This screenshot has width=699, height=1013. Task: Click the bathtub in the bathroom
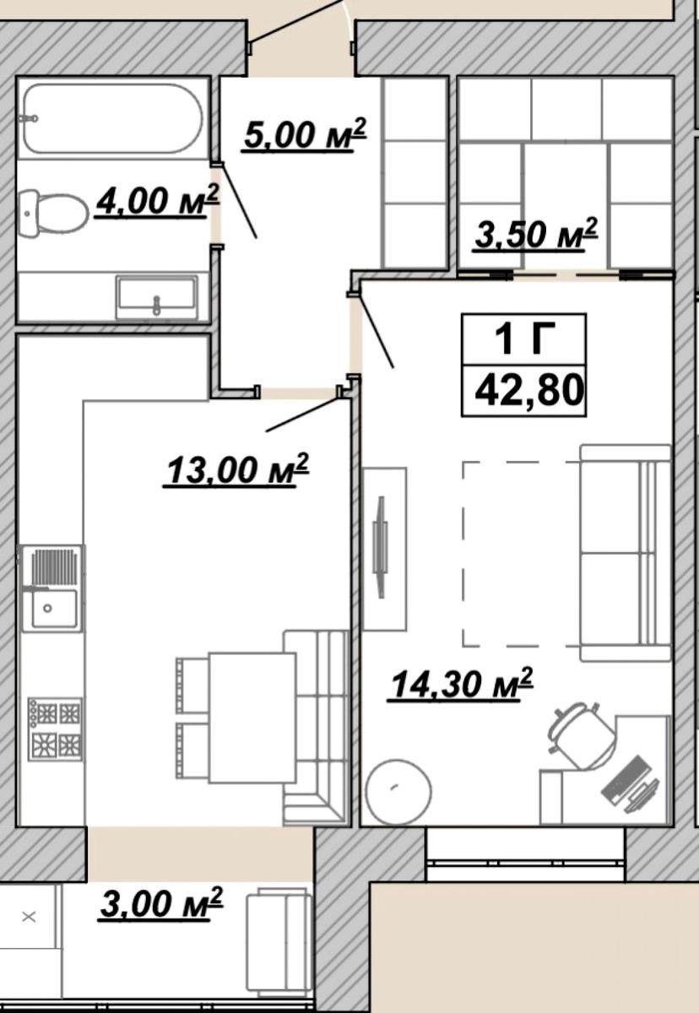(x=111, y=118)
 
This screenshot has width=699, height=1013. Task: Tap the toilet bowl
(x=55, y=213)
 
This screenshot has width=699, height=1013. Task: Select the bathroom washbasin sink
(x=156, y=297)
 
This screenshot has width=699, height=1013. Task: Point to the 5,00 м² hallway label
(x=303, y=135)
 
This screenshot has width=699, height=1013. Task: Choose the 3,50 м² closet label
(x=536, y=234)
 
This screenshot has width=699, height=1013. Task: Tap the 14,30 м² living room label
(x=460, y=684)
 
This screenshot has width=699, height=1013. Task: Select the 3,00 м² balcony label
(x=161, y=903)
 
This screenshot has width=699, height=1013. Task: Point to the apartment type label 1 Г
(x=524, y=339)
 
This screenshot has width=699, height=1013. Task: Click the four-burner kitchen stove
(x=55, y=729)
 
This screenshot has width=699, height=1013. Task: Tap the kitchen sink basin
(x=54, y=609)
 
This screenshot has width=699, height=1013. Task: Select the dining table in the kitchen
(x=252, y=718)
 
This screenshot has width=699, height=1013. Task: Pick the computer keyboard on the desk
(x=623, y=778)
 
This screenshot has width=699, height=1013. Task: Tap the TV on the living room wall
(x=380, y=547)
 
